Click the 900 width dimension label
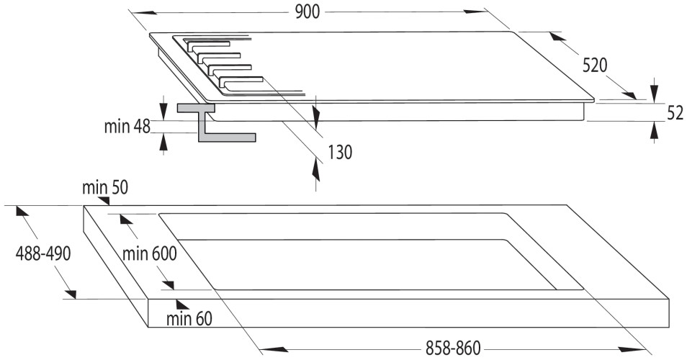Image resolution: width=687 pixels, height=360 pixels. [x=307, y=12]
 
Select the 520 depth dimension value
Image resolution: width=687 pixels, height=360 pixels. [x=595, y=66]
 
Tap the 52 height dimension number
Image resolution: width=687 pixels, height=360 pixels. [x=675, y=113]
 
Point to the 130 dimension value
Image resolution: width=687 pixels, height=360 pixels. [x=340, y=153]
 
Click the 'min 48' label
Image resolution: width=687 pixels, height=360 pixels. [x=127, y=127]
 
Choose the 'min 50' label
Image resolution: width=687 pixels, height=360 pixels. [x=105, y=187]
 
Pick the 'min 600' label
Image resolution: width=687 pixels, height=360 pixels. [x=149, y=253]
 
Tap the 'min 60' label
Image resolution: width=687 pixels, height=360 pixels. [x=189, y=318]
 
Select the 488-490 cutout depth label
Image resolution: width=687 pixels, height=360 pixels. [x=43, y=253]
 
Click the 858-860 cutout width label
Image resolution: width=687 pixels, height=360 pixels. [x=453, y=348]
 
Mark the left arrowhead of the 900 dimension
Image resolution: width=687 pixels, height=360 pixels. [x=145, y=12]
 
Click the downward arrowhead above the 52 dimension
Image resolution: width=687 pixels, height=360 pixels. [x=654, y=91]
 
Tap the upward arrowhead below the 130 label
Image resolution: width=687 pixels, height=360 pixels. [x=316, y=169]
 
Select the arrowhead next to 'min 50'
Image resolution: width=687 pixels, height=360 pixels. [x=104, y=201]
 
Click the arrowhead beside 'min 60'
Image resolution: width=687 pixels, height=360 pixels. [x=182, y=305]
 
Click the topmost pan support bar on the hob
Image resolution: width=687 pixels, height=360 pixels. [x=207, y=45]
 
